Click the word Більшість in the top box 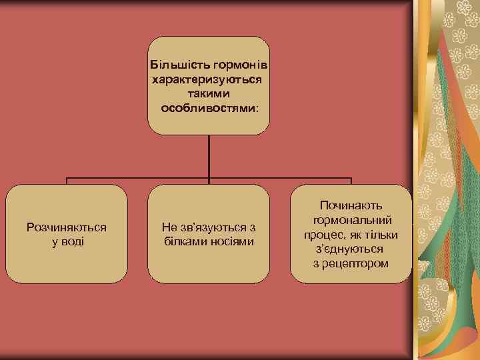coord(175,65)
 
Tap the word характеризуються coord(207,79)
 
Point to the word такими coord(208,93)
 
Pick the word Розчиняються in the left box coord(67,227)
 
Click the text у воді coord(67,241)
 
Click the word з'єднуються coord(349,249)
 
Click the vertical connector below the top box coord(209,157)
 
